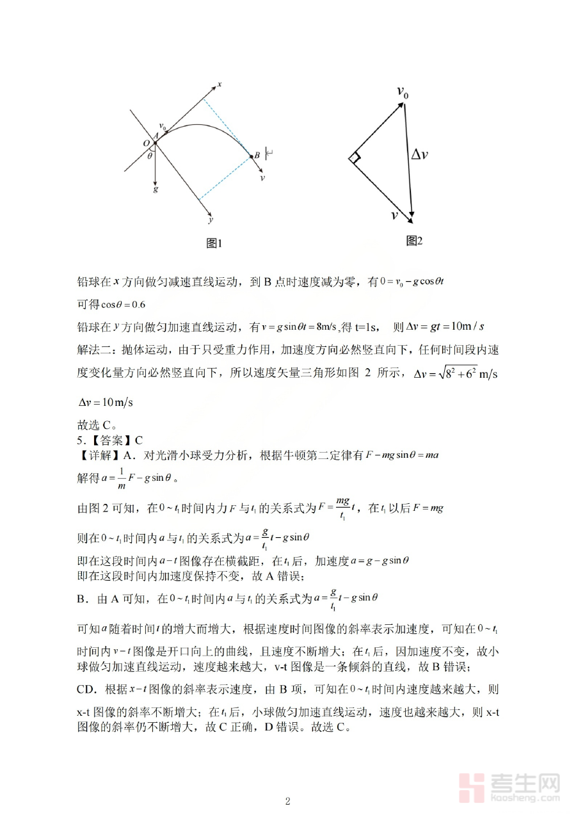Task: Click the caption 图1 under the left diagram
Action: pyautogui.click(x=213, y=243)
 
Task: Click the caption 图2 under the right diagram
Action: pyautogui.click(x=415, y=241)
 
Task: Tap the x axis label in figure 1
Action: pyautogui.click(x=219, y=84)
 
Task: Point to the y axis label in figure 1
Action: pyautogui.click(x=211, y=220)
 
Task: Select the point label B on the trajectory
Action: pyautogui.click(x=257, y=154)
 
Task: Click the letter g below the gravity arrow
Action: pyautogui.click(x=156, y=190)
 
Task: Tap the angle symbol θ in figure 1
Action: pyautogui.click(x=150, y=155)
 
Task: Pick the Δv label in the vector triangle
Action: pyautogui.click(x=419, y=154)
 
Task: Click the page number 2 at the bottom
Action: pyautogui.click(x=288, y=801)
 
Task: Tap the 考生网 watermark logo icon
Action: pyautogui.click(x=472, y=787)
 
